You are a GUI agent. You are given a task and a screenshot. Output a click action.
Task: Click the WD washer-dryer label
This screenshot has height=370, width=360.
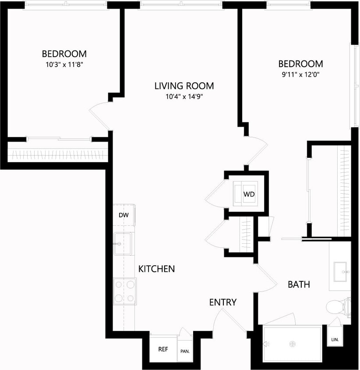click(249, 194)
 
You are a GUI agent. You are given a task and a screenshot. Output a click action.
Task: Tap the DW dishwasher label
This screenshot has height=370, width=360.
click(123, 215)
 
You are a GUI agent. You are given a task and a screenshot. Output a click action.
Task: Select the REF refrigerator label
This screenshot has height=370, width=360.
click(163, 349)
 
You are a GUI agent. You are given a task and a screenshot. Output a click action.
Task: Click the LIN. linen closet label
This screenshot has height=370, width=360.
click(335, 340)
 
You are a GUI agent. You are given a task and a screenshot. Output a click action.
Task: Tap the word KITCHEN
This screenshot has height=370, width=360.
click(156, 269)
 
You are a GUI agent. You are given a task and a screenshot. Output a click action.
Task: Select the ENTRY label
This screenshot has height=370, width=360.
click(222, 302)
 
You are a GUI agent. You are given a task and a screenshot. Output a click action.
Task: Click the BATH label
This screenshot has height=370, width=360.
click(299, 285)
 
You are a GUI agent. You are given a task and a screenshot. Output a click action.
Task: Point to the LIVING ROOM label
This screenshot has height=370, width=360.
click(184, 86)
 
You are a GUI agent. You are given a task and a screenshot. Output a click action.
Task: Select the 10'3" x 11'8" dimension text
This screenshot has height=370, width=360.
click(64, 64)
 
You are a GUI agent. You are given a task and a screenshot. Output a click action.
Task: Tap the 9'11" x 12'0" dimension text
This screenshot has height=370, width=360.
click(300, 74)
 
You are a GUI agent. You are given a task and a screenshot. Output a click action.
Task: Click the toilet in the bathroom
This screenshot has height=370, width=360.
click(337, 306)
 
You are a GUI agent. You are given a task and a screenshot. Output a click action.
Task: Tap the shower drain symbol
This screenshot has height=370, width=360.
click(292, 344)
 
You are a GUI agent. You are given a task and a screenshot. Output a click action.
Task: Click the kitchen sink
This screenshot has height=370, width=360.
click(123, 243)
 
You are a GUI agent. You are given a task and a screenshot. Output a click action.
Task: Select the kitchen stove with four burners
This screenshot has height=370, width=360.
click(124, 291)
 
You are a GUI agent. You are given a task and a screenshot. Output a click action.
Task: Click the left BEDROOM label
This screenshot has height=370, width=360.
click(64, 54)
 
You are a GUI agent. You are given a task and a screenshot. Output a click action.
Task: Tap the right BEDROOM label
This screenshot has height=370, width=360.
click(300, 64)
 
